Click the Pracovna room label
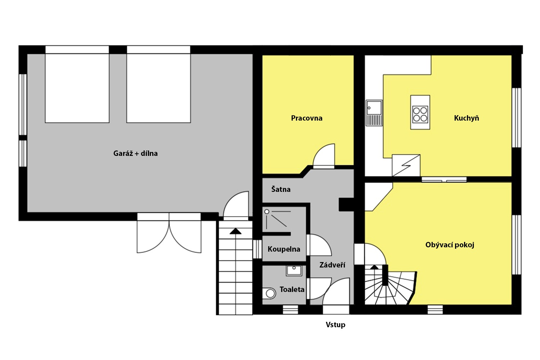(307, 118)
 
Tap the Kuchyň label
(467, 118)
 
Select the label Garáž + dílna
(135, 153)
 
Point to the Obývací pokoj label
(450, 245)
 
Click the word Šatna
(281, 189)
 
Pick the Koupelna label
(284, 249)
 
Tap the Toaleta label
(292, 289)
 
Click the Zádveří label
(332, 265)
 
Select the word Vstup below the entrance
(336, 325)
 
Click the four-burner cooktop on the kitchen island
(420, 114)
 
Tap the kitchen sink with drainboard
(374, 113)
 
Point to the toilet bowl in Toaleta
(269, 293)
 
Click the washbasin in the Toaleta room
(294, 271)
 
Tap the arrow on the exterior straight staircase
(235, 231)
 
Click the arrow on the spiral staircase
(374, 267)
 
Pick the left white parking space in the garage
(77, 88)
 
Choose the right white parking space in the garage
(159, 88)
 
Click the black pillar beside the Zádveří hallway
(346, 205)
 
